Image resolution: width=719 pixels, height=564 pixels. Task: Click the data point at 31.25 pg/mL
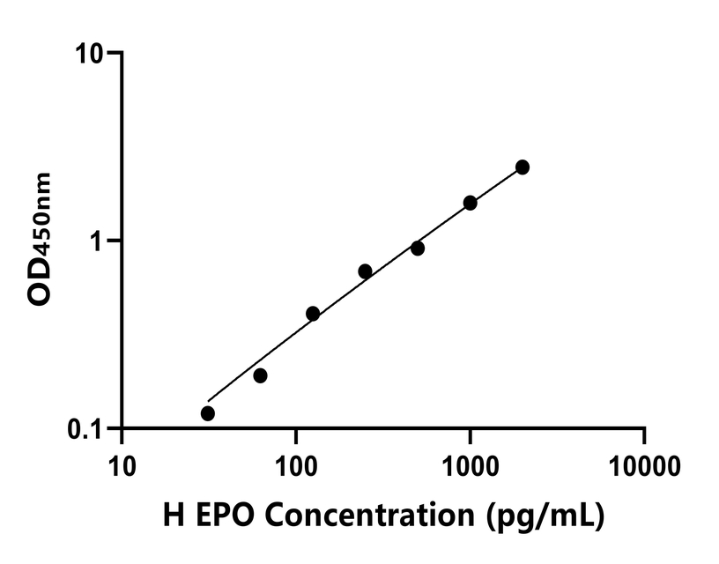208,413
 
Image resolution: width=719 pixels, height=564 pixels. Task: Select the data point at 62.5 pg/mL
260,375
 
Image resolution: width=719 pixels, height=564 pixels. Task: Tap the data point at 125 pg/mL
313,314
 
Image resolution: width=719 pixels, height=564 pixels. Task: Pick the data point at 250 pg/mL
365,271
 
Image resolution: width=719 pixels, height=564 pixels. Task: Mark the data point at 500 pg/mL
418,249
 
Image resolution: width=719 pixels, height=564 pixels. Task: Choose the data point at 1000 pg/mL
470,203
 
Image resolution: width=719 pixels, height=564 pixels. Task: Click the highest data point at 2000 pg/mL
523,167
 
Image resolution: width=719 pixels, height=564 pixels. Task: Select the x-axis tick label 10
122,463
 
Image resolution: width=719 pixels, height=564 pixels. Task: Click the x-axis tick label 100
296,463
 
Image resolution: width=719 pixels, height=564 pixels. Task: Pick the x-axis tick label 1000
471,463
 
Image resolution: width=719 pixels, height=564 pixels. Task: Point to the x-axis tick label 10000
645,463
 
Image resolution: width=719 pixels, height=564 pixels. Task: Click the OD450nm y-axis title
41,240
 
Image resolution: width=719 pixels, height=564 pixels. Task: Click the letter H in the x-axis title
173,516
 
